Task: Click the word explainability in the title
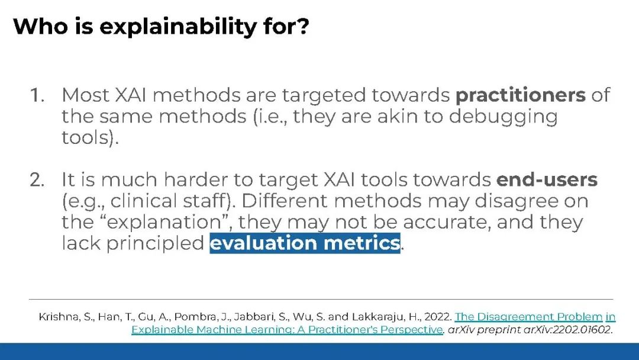178,27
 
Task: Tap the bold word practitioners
521,95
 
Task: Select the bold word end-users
547,179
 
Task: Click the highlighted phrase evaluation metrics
305,243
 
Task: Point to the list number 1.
37,95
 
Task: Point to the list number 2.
37,180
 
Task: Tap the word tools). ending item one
90,137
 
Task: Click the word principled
155,243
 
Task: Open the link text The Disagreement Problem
528,317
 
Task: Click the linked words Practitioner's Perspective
375,329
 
